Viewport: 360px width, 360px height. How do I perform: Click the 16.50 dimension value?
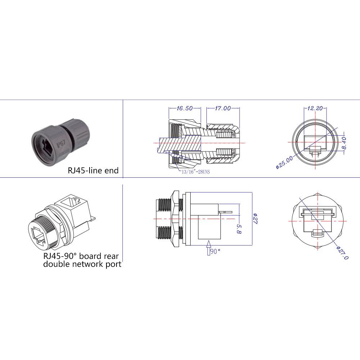(185, 108)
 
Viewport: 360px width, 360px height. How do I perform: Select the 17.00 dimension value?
(223, 108)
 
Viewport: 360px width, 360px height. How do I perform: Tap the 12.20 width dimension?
(315, 108)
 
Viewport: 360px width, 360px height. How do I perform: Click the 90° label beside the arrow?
(215, 251)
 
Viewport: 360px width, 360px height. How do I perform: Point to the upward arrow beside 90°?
(208, 248)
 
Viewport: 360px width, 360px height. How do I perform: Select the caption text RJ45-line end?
(93, 170)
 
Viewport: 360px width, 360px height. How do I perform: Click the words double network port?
(82, 264)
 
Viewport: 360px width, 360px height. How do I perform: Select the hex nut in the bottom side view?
(176, 219)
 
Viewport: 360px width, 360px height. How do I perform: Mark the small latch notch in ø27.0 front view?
(316, 233)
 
